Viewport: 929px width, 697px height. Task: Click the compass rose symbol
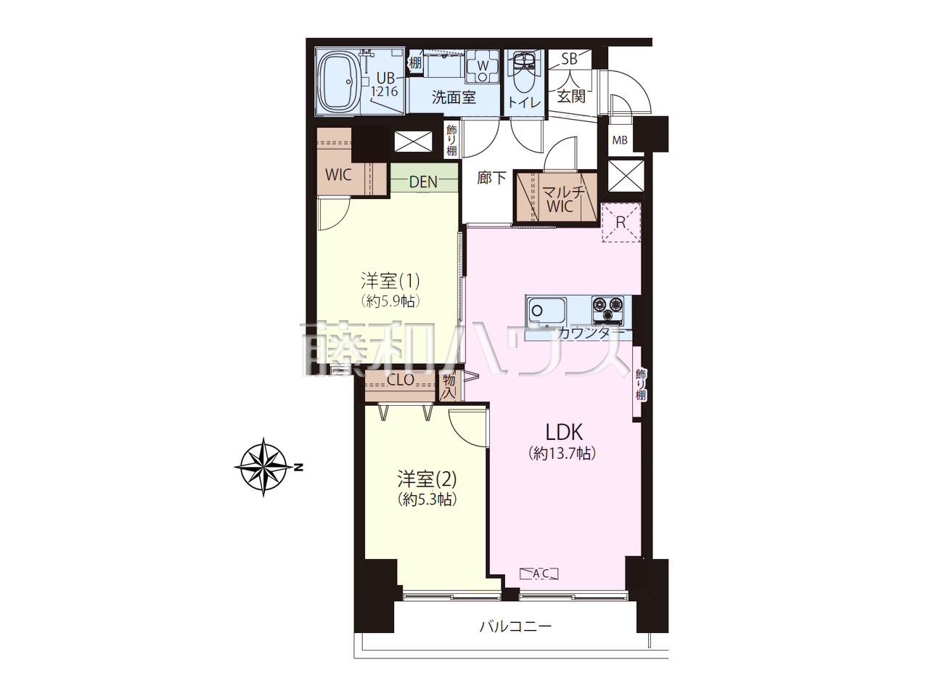tap(263, 467)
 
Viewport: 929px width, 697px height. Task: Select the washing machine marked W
tap(483, 67)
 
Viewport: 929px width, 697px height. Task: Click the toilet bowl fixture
tap(525, 75)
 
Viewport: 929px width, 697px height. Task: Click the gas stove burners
tap(607, 309)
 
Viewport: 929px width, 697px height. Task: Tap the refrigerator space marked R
tap(621, 223)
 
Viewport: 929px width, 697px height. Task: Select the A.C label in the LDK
tap(540, 574)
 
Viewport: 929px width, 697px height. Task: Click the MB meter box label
tap(620, 140)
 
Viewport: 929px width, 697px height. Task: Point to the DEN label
tap(423, 182)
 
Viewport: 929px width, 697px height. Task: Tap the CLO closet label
tap(401, 380)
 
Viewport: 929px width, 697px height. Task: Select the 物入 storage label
tap(449, 387)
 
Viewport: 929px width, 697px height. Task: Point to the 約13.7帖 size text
tap(562, 454)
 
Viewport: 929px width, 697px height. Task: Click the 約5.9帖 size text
tap(390, 301)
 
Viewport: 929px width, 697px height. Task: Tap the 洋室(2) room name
tap(427, 479)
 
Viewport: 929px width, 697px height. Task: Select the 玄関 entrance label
tap(571, 97)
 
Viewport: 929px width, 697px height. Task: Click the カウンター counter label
tap(591, 333)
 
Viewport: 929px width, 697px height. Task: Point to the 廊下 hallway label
tap(491, 178)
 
